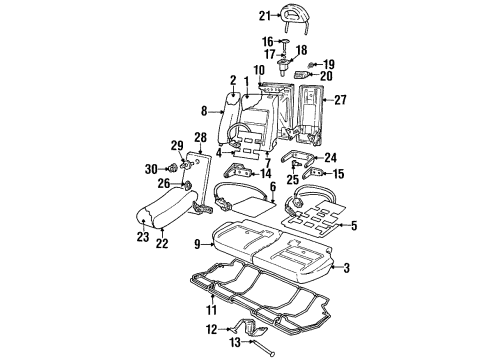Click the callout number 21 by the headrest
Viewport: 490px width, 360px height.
264,15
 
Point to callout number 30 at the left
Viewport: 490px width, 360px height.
152,168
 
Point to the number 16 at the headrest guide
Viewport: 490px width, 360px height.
268,43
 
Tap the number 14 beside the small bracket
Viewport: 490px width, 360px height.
265,173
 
